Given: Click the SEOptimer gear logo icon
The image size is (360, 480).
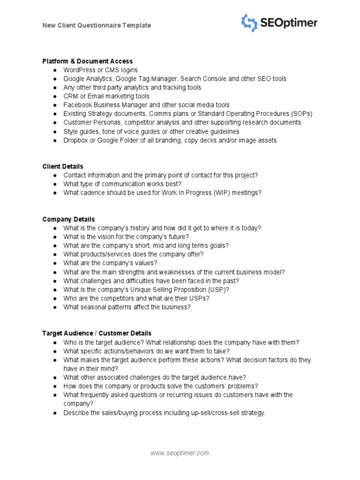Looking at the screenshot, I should coord(249,22).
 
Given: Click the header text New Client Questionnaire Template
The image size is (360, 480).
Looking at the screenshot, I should coord(97,25).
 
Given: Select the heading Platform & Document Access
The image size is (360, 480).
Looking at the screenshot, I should coord(87,61).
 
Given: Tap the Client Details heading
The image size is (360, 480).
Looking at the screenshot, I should coord(63,166).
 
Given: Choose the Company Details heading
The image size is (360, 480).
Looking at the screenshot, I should coord(68,219).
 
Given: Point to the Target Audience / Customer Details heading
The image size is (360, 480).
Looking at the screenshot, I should coord(97,333).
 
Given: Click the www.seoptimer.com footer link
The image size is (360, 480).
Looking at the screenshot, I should coord(180,453).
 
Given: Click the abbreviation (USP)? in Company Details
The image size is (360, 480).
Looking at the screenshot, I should coord(218,290).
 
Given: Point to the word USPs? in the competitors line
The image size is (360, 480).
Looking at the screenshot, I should coord(199,298).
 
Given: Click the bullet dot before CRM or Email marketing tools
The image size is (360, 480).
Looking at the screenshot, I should coord(55,97).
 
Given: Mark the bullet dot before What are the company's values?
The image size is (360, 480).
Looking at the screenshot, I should coord(55,263).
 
